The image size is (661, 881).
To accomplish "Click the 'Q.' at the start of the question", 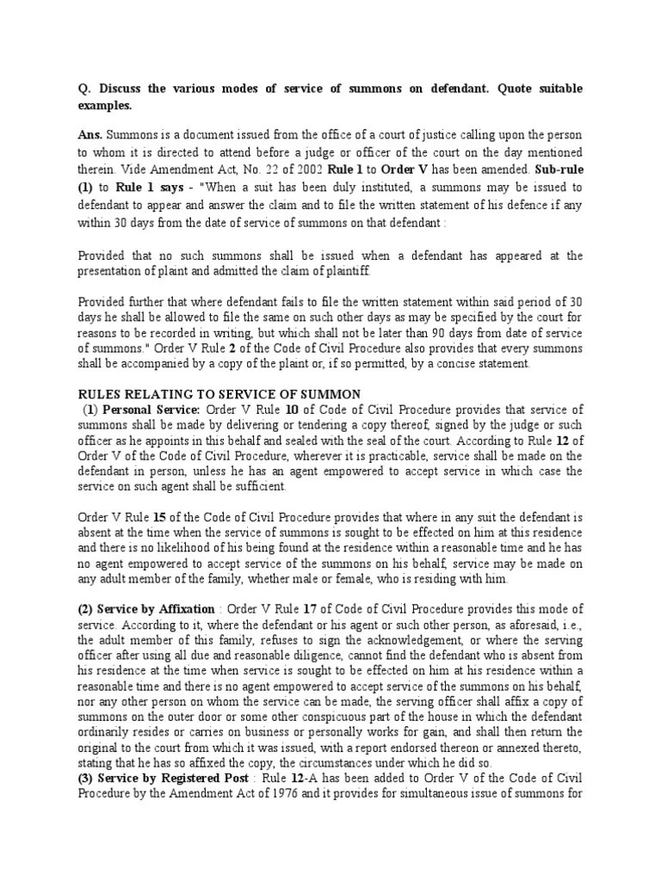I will coord(84,89).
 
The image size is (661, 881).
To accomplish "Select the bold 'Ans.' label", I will coord(91,136).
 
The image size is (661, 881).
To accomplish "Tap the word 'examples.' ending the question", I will coord(105,105).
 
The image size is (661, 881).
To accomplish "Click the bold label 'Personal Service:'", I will coord(151,410).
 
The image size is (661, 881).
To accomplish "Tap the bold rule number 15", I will coord(159,517).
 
